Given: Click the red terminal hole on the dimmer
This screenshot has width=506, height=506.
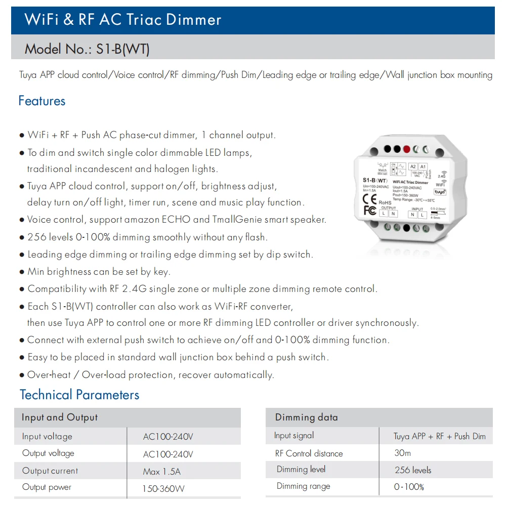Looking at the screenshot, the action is click(x=406, y=149).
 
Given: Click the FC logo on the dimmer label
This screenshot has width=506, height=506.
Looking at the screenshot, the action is click(x=370, y=209).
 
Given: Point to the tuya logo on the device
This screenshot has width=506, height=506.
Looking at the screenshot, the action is click(x=440, y=192).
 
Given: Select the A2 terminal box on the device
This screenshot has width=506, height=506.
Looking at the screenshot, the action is click(x=413, y=166).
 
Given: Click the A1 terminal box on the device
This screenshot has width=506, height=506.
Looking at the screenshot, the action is click(x=424, y=166).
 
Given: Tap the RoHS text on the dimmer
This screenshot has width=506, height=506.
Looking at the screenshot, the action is click(x=385, y=202).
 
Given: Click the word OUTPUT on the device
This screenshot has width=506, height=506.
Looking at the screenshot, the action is click(x=389, y=207).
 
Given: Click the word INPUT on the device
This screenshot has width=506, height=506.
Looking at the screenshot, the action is click(x=417, y=208).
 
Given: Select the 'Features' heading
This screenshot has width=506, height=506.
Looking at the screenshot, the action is click(x=42, y=101).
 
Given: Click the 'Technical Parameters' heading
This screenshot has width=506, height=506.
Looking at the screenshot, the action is click(x=79, y=395).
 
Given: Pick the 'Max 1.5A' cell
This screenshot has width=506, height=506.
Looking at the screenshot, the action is click(x=162, y=472).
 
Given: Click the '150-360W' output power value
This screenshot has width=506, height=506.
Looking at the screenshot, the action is click(x=163, y=489).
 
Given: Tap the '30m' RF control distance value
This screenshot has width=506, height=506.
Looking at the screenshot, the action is click(x=403, y=453).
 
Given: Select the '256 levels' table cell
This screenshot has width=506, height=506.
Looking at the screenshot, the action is click(x=413, y=470).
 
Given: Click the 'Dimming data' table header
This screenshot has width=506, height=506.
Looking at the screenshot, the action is click(x=306, y=417).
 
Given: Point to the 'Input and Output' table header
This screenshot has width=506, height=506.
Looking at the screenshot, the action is click(x=60, y=417).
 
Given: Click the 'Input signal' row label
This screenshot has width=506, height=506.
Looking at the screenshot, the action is click(x=294, y=436).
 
